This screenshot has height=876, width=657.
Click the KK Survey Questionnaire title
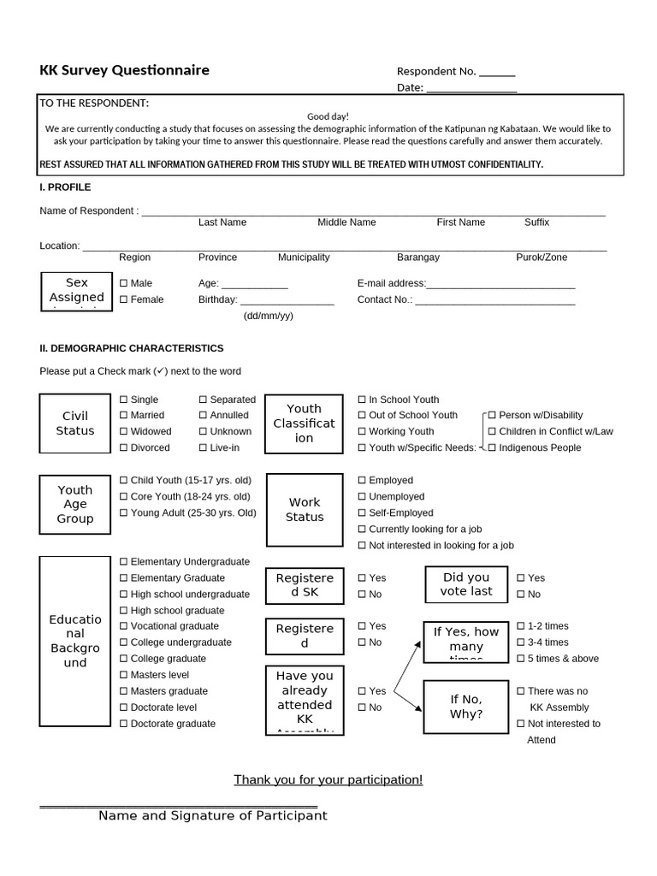coord(124,70)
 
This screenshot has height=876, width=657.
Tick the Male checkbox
coord(124,283)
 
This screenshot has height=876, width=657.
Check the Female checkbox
coord(124,299)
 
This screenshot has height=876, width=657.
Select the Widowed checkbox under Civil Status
coord(124,432)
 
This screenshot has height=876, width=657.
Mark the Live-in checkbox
coord(204,448)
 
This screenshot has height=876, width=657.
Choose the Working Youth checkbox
coord(362,432)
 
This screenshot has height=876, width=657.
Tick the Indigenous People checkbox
coord(492,448)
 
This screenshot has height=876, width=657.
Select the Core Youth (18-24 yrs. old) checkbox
coord(124,497)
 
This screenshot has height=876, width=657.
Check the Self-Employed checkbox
coord(362,513)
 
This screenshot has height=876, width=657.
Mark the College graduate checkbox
coord(124,659)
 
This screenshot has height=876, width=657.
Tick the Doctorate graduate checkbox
coord(124,724)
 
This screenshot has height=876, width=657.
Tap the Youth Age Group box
coord(75,505)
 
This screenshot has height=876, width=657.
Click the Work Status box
coord(305,510)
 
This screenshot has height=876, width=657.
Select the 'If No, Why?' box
coord(466,707)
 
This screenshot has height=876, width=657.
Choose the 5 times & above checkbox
coord(521,659)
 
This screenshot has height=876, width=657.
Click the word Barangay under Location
coord(418,257)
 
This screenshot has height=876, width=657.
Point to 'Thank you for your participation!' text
coord(328,779)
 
